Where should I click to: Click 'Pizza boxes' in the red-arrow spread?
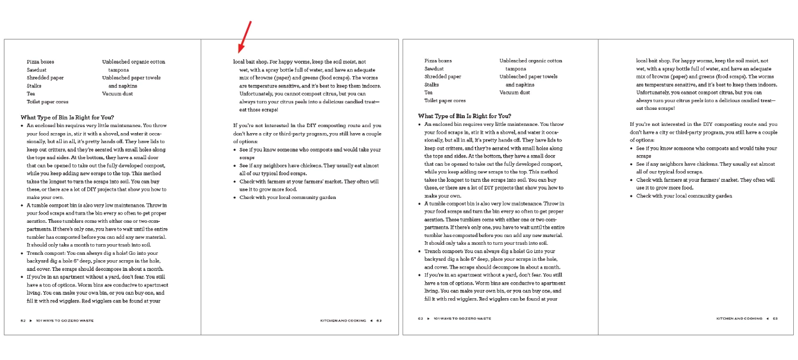(40, 61)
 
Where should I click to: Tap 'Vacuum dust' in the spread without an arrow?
(515, 93)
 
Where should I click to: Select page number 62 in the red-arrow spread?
(23, 320)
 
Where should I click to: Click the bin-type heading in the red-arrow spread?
(67, 116)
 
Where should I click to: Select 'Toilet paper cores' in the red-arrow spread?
(47, 102)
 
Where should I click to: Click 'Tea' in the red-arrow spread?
(31, 93)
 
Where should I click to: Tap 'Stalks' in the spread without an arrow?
(432, 85)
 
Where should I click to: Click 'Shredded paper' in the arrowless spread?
(442, 77)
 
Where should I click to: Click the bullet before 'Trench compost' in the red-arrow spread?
(23, 253)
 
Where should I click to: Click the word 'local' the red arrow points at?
(239, 61)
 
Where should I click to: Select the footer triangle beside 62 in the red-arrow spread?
(30, 320)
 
